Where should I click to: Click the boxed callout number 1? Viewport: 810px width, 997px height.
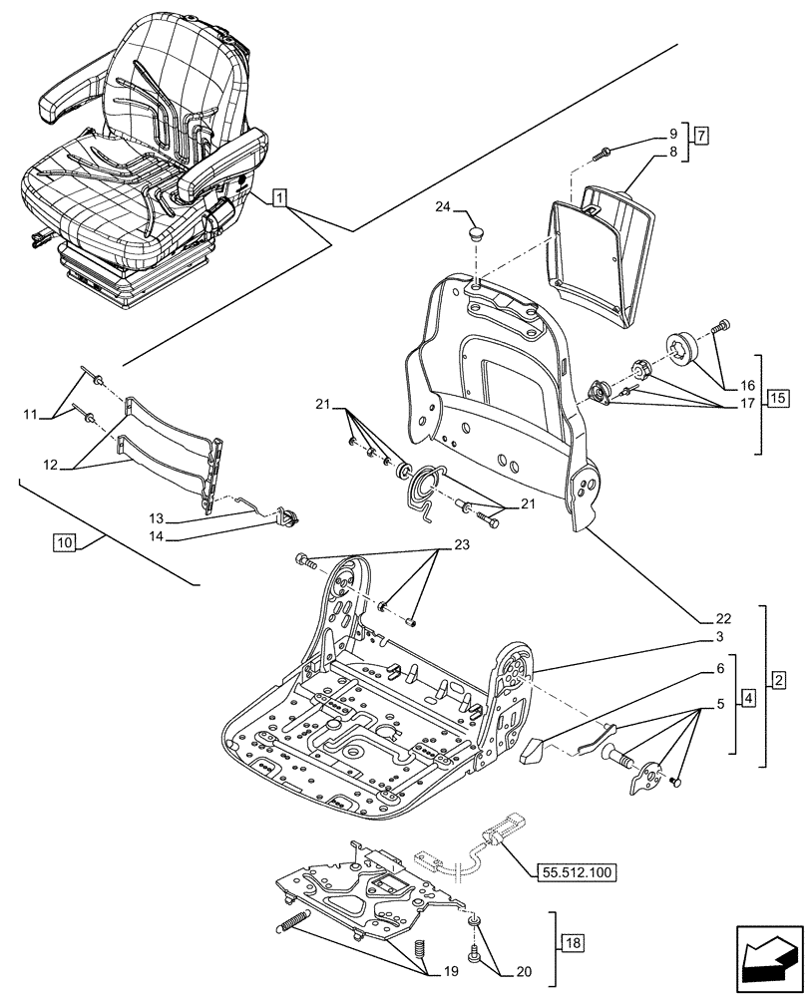(280, 198)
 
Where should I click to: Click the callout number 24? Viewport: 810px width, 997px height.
(444, 207)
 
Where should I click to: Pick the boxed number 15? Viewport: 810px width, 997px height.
(779, 401)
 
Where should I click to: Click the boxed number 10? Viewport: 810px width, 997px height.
(65, 543)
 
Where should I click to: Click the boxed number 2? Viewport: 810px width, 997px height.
(779, 680)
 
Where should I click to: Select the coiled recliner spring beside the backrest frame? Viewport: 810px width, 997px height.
(428, 491)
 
